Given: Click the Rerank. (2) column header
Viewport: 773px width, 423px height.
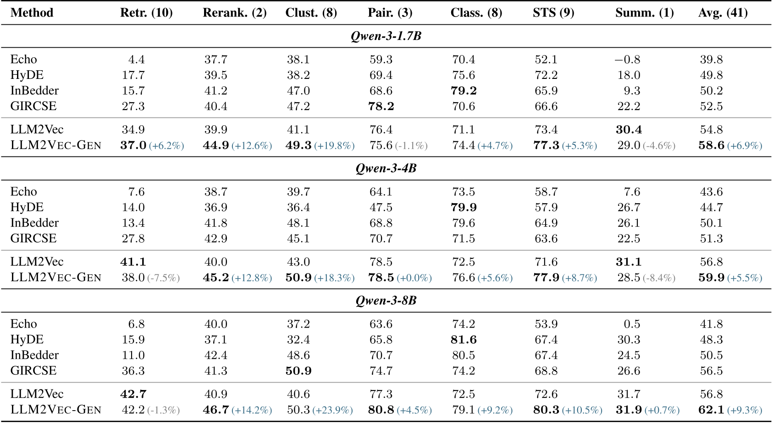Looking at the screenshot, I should (x=234, y=13).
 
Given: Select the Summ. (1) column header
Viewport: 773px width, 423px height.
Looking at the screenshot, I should (x=644, y=13).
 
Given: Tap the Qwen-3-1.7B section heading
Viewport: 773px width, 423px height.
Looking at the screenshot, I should (x=386, y=36).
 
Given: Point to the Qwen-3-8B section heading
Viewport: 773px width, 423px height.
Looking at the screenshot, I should (x=386, y=301).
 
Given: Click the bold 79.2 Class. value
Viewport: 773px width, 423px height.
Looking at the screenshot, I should (x=464, y=91).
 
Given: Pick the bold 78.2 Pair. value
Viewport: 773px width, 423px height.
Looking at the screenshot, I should (x=381, y=106).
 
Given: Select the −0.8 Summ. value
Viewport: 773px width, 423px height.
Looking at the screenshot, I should (x=627, y=60).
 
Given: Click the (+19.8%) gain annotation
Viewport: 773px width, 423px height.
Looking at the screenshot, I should (x=334, y=146).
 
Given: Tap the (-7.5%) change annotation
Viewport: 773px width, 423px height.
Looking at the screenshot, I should (x=163, y=278).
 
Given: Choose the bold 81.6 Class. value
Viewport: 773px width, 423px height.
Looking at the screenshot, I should (x=464, y=340).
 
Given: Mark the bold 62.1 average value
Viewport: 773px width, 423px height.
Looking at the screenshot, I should (x=711, y=410).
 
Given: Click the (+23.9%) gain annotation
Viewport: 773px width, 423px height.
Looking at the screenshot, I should (x=332, y=410).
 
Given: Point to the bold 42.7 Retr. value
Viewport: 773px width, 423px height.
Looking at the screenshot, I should (x=133, y=394).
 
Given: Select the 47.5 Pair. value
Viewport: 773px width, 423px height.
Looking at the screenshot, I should (x=381, y=207).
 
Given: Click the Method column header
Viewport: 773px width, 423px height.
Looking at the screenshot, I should (x=32, y=13).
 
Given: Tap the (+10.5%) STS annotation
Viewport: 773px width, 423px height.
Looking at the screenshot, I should (x=582, y=410).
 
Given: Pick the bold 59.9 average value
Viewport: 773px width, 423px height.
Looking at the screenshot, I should (x=711, y=278).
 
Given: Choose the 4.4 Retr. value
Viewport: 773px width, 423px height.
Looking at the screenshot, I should (x=136, y=60).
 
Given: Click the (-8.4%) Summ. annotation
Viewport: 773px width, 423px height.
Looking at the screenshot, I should (x=659, y=278).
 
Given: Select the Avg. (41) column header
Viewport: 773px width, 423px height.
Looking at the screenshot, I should (x=723, y=13).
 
